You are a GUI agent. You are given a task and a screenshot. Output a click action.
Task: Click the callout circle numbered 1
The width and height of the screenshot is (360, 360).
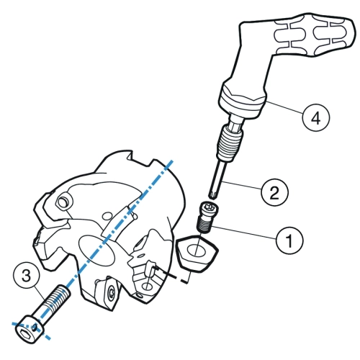(x=289, y=240)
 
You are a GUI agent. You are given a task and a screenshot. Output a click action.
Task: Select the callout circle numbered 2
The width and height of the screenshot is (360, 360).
(x=274, y=192)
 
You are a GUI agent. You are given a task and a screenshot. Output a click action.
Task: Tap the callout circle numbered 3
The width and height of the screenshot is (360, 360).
(x=26, y=275)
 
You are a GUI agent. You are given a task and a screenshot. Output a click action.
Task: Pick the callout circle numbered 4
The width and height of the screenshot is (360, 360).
(x=316, y=117)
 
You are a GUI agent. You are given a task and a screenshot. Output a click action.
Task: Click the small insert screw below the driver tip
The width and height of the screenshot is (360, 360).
(x=204, y=217)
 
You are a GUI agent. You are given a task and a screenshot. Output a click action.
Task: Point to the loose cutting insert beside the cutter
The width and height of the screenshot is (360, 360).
(x=197, y=253)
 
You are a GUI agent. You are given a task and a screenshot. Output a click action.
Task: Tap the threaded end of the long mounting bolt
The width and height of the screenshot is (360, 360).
(x=58, y=297)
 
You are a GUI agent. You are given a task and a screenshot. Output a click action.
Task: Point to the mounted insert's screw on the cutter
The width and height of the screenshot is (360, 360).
(x=112, y=292)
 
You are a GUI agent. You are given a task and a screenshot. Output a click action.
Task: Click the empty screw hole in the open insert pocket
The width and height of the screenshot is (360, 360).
(x=146, y=286)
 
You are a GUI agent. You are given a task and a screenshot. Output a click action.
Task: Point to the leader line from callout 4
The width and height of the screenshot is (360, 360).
(x=285, y=108)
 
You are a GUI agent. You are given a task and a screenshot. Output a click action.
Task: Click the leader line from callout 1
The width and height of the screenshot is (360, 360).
(x=244, y=233)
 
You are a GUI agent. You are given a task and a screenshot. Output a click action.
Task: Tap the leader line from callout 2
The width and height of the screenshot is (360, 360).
(x=243, y=186)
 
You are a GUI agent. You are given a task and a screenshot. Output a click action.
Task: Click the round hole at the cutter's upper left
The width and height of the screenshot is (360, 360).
(x=63, y=203)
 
